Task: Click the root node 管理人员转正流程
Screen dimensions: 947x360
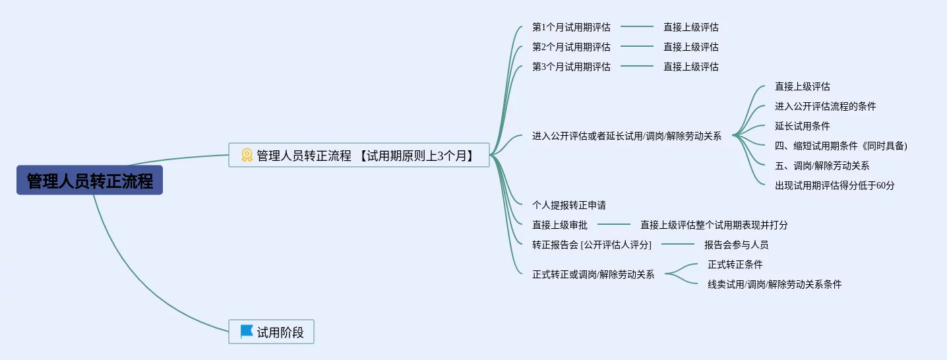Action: click(x=90, y=181)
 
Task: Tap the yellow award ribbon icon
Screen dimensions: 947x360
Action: click(x=247, y=156)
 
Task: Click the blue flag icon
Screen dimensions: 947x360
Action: click(x=247, y=332)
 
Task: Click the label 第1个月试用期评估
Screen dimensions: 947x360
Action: click(x=571, y=28)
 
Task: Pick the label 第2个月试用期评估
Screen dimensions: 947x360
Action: click(x=571, y=47)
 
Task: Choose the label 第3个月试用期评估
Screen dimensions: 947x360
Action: click(x=571, y=67)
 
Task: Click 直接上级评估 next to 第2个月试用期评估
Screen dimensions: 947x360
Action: click(x=690, y=47)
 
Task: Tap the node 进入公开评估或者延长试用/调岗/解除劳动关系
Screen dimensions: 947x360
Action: click(x=626, y=136)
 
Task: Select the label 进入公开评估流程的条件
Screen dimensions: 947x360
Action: click(x=825, y=107)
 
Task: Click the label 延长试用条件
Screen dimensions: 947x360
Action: click(x=802, y=127)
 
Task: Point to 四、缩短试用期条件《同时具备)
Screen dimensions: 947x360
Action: click(x=841, y=146)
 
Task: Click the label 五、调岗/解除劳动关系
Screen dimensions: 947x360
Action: click(x=822, y=166)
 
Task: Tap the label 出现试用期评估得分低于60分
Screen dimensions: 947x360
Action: click(x=834, y=186)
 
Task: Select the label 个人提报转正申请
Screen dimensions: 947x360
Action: click(x=569, y=206)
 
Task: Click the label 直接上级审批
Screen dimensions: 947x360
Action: click(x=559, y=225)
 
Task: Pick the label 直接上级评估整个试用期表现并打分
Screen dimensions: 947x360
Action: click(x=714, y=225)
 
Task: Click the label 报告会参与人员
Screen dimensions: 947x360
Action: click(x=736, y=245)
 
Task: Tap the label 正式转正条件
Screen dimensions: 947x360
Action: click(x=735, y=265)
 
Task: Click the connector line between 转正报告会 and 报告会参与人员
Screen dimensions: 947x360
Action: click(x=677, y=245)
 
